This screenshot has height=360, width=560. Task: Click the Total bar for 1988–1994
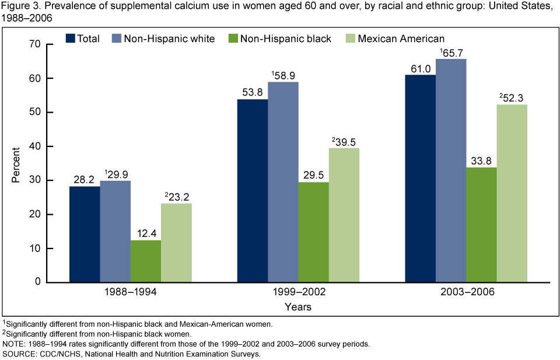85,234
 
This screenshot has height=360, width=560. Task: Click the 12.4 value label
146,233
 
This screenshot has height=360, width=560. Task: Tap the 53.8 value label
253,92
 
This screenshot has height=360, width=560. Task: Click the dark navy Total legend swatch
71,39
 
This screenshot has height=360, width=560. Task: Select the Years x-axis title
298,306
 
